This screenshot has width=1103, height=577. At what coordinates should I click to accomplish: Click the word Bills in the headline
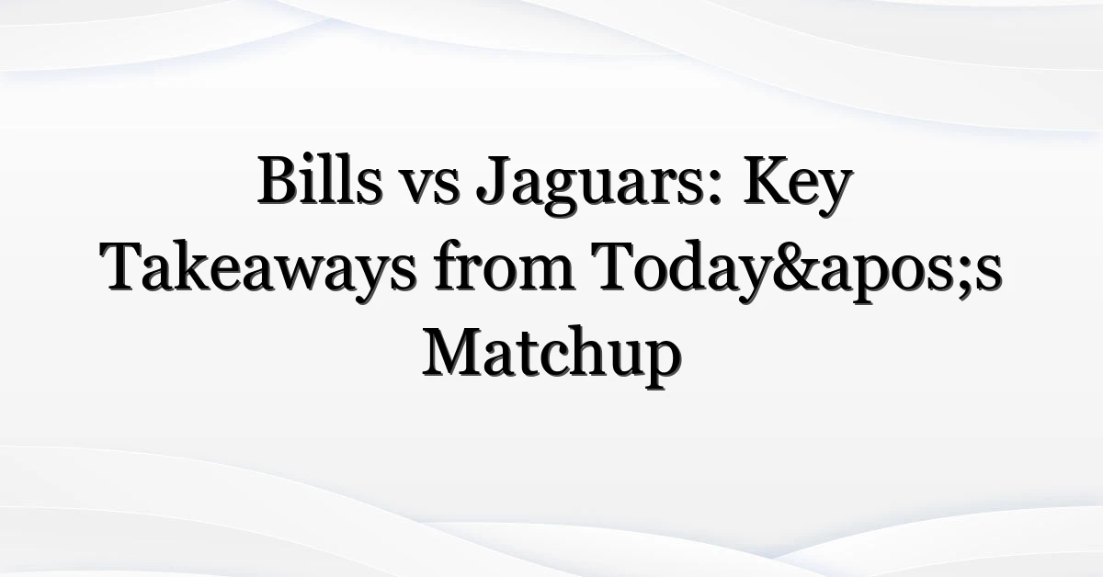click(x=320, y=181)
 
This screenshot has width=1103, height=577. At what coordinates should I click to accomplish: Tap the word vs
click(x=429, y=187)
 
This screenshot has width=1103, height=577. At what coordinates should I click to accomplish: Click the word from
click(x=504, y=266)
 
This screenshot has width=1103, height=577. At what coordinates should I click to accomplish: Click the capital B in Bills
click(x=279, y=181)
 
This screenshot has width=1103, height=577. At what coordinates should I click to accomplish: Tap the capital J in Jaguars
click(x=493, y=181)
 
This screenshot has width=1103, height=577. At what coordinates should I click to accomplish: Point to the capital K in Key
click(x=768, y=181)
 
